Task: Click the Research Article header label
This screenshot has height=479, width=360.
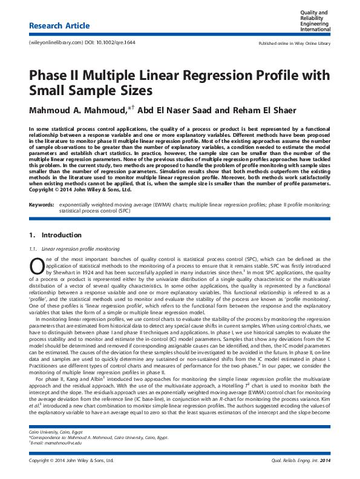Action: click(59, 26)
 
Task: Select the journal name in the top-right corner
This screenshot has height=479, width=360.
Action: click(316, 21)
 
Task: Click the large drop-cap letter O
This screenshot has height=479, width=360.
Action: click(35, 263)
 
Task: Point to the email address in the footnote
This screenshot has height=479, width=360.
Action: click(56, 443)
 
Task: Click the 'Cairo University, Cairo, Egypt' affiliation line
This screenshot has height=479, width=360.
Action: click(53, 432)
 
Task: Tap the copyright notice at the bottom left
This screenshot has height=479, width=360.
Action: click(71, 460)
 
